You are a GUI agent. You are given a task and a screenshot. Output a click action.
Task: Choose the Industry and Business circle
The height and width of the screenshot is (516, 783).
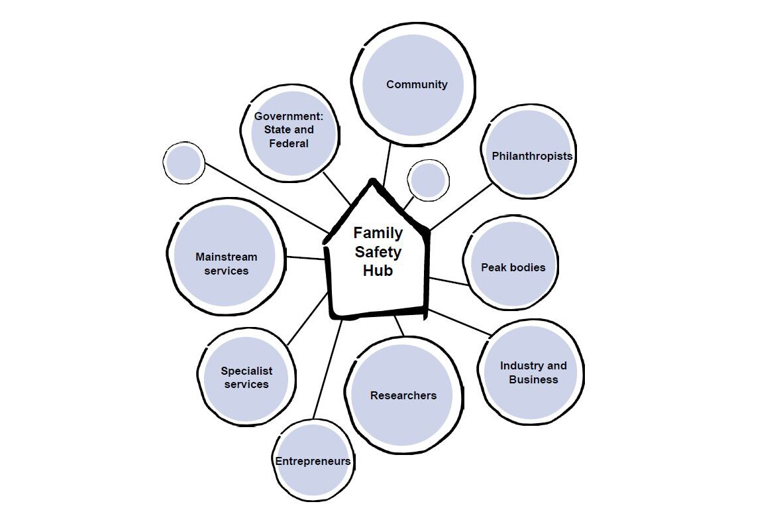coord(533,372)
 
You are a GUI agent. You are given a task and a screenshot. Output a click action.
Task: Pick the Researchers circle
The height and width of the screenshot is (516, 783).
coord(403,395)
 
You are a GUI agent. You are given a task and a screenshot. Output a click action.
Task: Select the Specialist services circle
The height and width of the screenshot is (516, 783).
coord(246,377)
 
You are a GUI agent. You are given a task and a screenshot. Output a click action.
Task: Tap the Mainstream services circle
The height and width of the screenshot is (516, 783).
coord(225,263)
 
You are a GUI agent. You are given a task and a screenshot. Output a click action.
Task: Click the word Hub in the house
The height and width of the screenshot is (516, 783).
coord(378,271)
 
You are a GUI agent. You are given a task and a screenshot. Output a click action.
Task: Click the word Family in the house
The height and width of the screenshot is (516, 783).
coord(378,233)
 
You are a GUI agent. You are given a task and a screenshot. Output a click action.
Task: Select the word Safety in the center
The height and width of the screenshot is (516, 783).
coord(378,252)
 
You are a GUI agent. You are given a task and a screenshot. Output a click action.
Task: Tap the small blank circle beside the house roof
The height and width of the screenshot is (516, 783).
coord(428,180)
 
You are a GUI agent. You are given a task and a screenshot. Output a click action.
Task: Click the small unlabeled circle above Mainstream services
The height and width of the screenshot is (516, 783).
coord(183,163)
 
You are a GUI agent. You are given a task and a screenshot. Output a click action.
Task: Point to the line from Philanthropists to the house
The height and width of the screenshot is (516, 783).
coord(461,206)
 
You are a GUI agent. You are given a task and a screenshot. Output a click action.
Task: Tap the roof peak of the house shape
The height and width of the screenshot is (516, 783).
coord(373,182)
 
